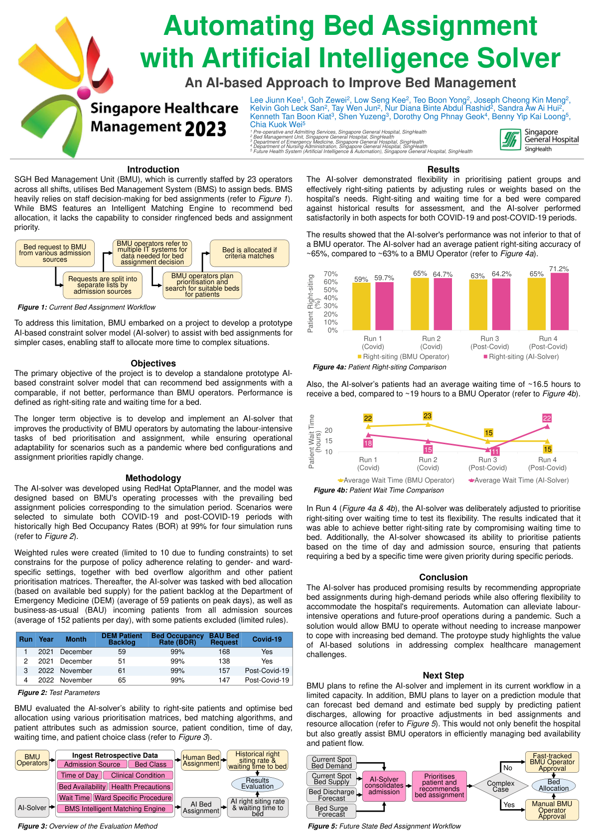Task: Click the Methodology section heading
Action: [x=153, y=478]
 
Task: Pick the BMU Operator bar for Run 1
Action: [x=361, y=306]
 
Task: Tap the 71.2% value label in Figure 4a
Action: [x=559, y=269]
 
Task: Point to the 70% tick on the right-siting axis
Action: [x=331, y=274]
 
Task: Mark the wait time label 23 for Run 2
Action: [x=428, y=416]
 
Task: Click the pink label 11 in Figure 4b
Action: [x=495, y=452]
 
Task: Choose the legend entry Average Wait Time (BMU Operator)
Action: [x=396, y=480]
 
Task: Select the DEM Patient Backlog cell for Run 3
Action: [x=122, y=671]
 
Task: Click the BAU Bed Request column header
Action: [x=224, y=639]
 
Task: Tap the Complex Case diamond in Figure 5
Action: [x=500, y=786]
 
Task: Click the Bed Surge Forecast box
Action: [x=331, y=811]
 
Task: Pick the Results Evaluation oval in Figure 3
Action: [x=257, y=783]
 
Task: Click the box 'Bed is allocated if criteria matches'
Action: [x=249, y=253]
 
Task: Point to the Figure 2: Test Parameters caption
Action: [x=58, y=692]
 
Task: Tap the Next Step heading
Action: [x=443, y=675]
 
